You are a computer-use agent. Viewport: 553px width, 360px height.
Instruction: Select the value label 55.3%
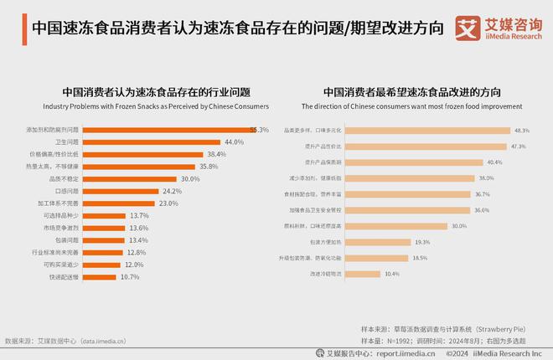click(x=259, y=130)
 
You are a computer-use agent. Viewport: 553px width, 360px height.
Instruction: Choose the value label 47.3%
click(x=518, y=147)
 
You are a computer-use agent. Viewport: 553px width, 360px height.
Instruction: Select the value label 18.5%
click(x=419, y=258)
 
